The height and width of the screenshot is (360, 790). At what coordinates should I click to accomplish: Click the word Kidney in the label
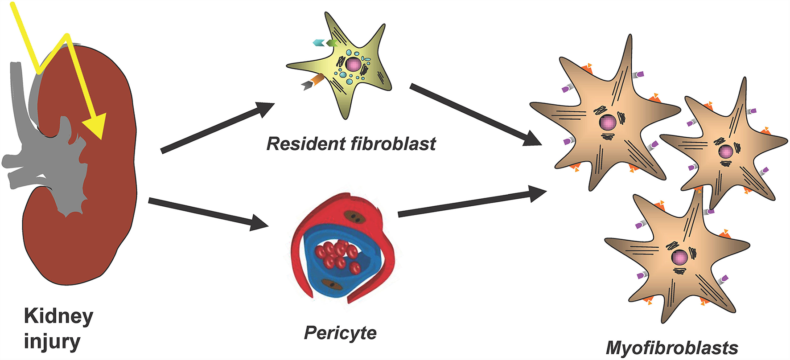point(58,316)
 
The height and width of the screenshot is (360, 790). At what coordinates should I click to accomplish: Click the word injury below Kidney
point(52,342)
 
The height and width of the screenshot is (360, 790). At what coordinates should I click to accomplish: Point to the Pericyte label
point(340,333)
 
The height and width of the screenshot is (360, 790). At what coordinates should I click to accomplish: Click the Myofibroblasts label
point(672,348)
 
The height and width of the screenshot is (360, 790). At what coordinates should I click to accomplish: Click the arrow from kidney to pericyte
point(208,213)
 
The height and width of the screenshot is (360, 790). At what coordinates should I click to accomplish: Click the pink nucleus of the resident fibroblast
point(353,65)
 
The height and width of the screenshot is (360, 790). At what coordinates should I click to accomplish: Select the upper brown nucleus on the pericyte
point(355,217)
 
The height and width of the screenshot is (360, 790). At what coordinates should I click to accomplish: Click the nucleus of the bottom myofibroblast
point(679,257)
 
